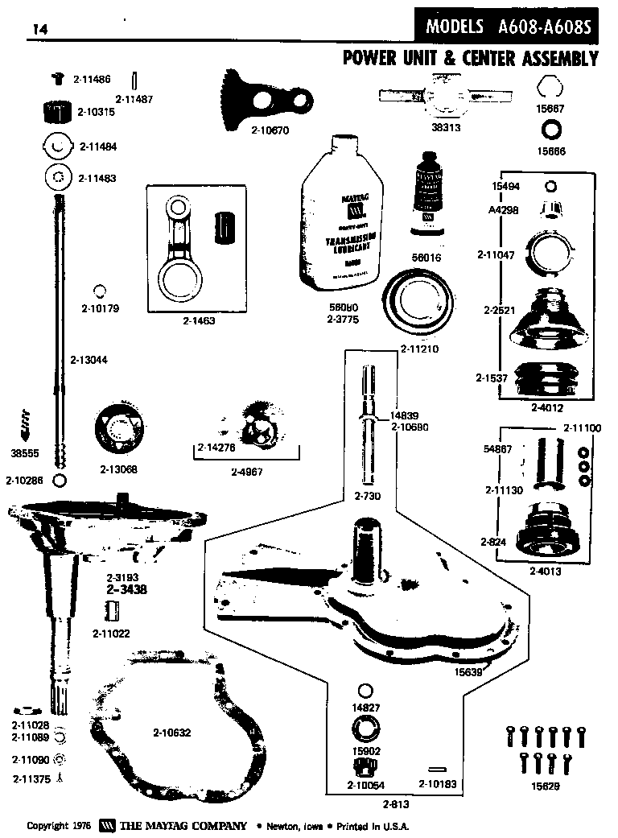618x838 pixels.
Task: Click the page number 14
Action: click(39, 30)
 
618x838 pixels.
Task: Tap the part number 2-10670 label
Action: click(270, 129)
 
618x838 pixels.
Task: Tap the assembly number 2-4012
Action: click(546, 407)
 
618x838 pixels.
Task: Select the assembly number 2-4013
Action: click(546, 572)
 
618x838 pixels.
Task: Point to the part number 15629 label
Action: click(545, 785)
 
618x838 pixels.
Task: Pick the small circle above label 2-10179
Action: click(100, 291)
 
